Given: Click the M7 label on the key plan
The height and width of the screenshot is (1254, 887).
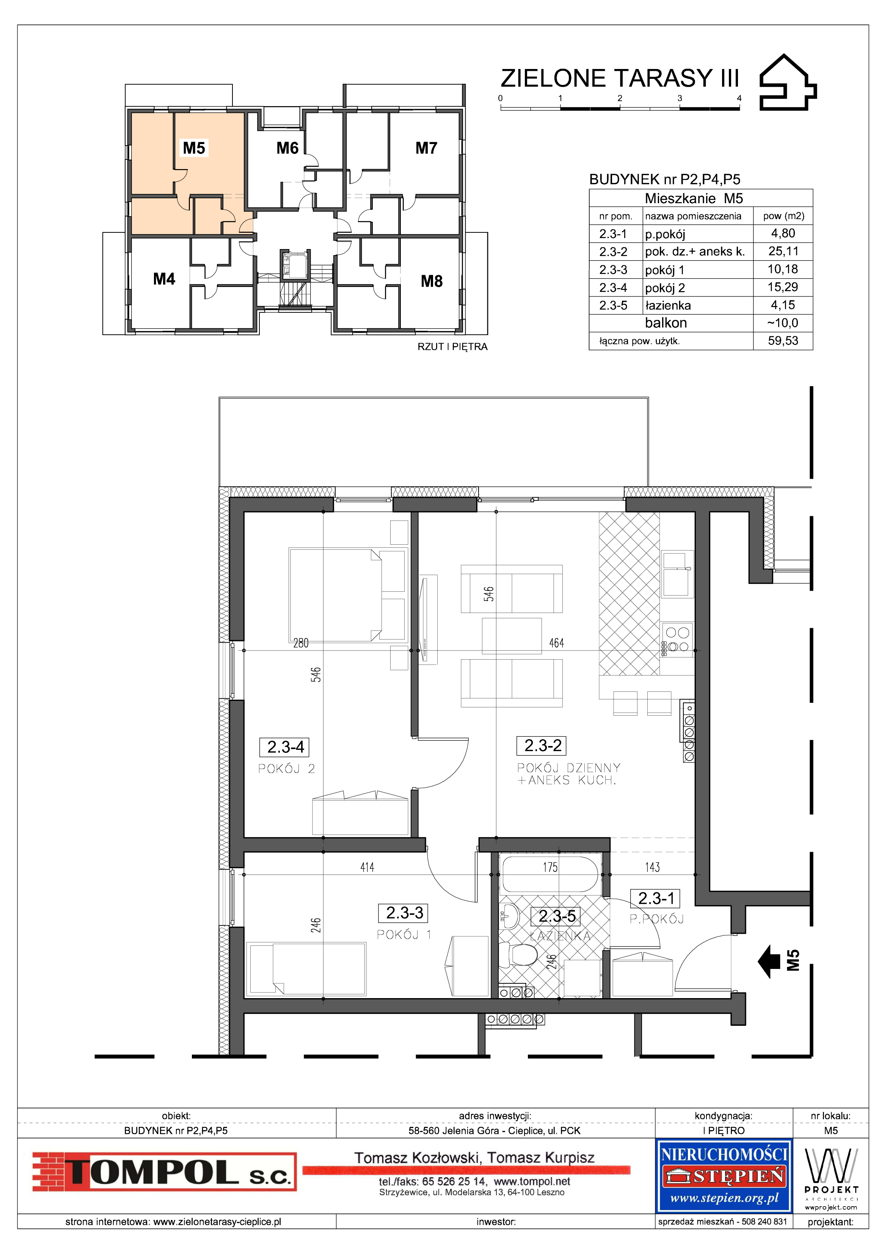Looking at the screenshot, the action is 426,148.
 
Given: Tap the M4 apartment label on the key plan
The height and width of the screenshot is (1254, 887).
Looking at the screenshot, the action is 164,279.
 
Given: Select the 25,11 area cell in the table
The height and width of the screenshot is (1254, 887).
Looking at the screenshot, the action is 783,251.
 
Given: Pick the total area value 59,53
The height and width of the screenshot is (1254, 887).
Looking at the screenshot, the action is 783,341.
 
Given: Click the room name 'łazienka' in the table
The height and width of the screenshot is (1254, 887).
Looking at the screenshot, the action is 668,305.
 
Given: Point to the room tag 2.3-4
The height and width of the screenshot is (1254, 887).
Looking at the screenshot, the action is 286,747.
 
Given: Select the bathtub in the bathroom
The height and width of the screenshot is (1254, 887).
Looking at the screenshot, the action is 550,875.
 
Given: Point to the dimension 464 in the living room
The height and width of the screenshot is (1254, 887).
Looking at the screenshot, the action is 556,643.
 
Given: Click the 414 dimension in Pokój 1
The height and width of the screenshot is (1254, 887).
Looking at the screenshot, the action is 367,867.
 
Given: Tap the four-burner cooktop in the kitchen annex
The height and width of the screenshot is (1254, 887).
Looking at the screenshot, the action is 678,640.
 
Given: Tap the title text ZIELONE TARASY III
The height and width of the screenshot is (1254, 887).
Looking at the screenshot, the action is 620,78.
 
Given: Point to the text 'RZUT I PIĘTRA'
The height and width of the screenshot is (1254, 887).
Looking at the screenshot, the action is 452,347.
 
